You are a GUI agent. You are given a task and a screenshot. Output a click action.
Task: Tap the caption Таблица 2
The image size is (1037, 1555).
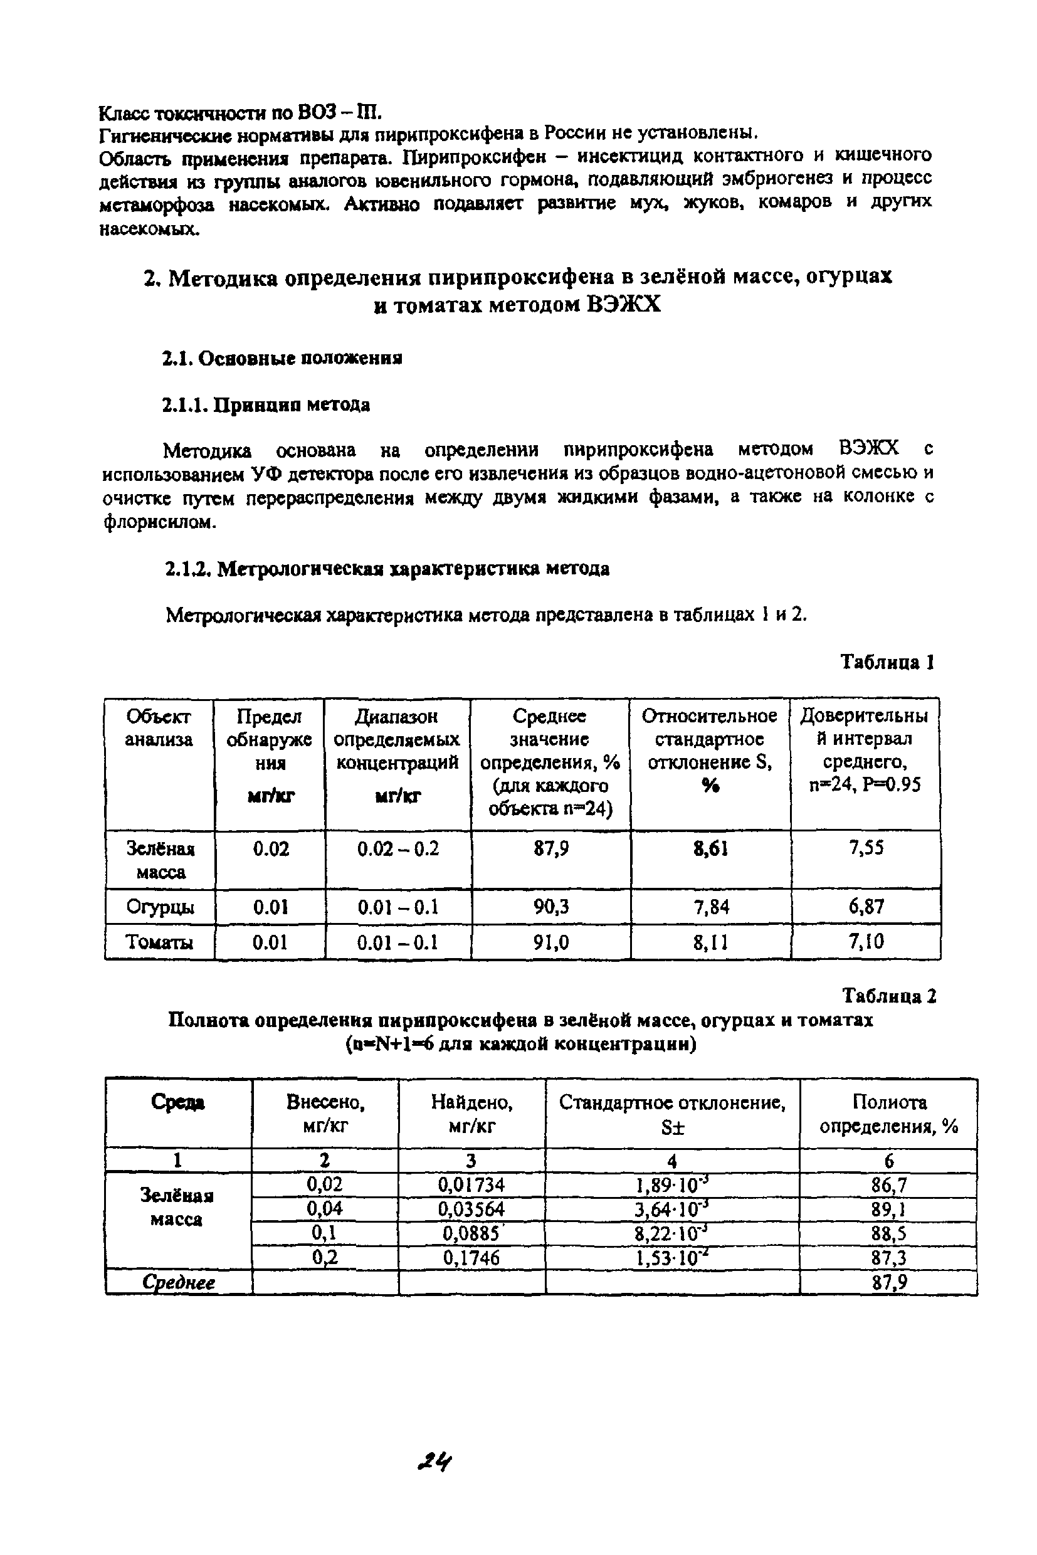(x=888, y=996)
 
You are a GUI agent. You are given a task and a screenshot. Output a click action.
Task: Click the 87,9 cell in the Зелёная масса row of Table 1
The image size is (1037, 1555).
(x=551, y=848)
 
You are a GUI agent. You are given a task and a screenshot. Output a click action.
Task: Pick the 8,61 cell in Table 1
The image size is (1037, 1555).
(x=710, y=848)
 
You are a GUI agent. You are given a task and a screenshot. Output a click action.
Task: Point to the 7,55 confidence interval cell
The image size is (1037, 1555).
(x=866, y=848)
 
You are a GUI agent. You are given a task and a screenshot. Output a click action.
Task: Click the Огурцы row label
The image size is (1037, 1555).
(x=160, y=907)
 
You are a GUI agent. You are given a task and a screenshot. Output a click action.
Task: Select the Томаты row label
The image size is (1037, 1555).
(x=159, y=942)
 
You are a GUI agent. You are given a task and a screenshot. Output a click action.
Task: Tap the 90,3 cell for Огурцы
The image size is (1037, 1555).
(x=551, y=907)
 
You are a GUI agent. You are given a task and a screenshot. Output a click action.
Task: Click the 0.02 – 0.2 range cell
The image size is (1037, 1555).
(x=398, y=848)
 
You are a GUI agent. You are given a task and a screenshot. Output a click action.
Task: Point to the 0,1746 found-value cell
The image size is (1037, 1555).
(x=471, y=1257)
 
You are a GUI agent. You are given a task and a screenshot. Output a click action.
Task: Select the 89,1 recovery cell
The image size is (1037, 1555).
(x=888, y=1208)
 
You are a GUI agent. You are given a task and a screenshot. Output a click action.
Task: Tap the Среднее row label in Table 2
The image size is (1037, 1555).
(x=179, y=1282)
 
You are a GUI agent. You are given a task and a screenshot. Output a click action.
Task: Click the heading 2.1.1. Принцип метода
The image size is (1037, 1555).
(x=266, y=405)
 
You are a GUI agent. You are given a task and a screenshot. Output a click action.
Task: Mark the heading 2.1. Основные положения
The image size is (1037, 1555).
(x=282, y=359)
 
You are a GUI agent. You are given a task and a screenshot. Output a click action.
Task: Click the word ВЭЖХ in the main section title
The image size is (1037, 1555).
(x=623, y=305)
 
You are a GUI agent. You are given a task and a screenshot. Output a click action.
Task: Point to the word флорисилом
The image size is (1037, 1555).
(x=159, y=522)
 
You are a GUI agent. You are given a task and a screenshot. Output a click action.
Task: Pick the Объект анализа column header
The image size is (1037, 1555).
(x=159, y=727)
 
